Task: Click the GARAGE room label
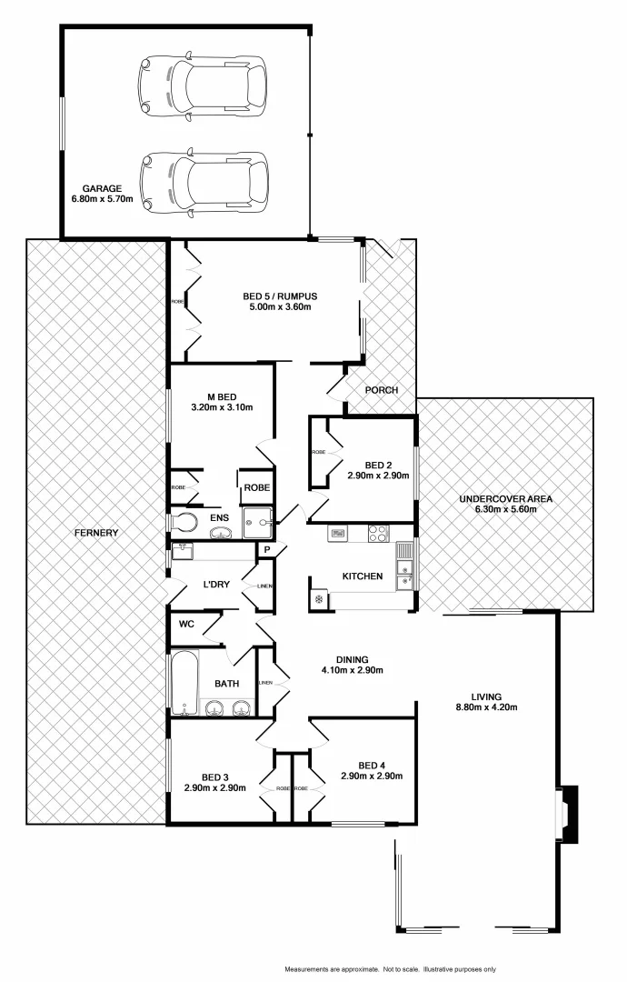click(x=102, y=188)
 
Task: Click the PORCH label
click(x=381, y=390)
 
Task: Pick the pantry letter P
click(x=268, y=550)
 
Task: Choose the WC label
click(x=187, y=624)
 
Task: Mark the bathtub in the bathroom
click(x=184, y=681)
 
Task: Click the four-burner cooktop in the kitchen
click(x=378, y=534)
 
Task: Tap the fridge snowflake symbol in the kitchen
click(x=319, y=599)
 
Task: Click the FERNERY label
click(x=96, y=532)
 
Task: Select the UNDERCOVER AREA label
click(x=505, y=499)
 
